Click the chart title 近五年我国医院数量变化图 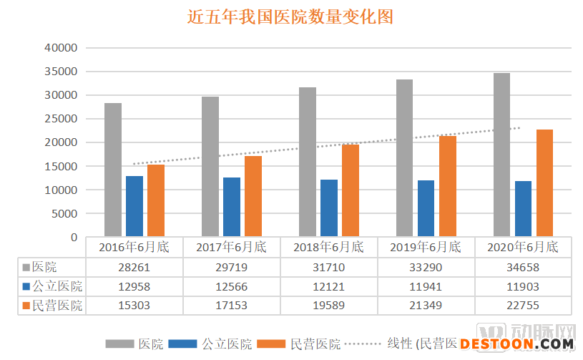tap(290, 16)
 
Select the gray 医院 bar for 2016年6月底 tap(113, 170)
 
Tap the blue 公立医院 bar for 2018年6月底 tap(329, 208)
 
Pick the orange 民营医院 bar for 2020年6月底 tap(545, 183)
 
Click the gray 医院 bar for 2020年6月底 tap(501, 155)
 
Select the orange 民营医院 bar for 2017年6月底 tap(253, 196)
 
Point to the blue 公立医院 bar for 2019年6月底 tap(426, 208)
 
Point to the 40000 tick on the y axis tap(60, 48)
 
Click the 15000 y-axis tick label tap(60, 166)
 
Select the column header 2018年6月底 tap(329, 248)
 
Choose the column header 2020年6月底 tap(523, 248)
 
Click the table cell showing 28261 tap(134, 268)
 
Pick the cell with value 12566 tap(232, 286)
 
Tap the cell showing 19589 tap(329, 306)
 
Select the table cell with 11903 tap(523, 286)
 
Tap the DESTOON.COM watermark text tap(521, 344)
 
